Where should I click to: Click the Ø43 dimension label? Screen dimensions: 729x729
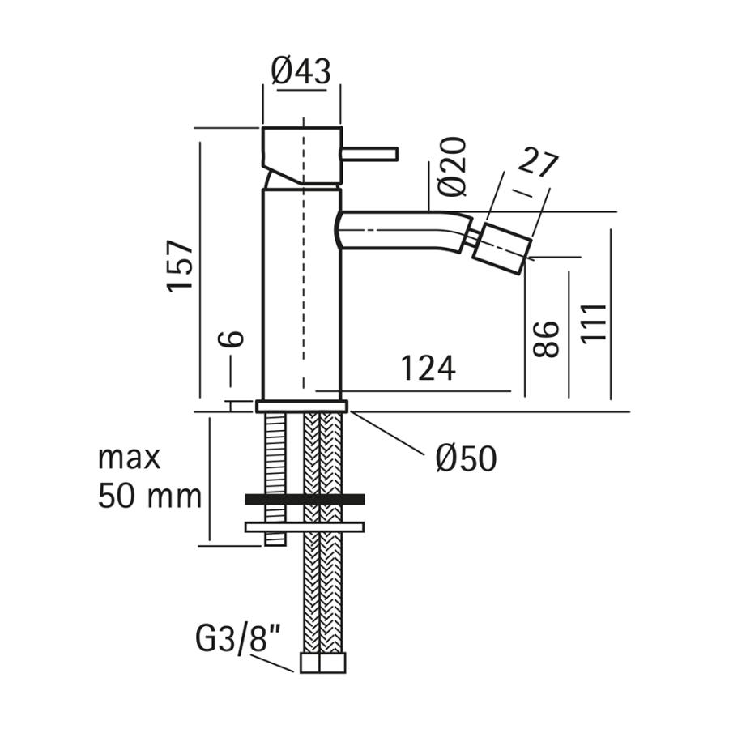pos(301,71)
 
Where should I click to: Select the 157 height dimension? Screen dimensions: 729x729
pos(180,266)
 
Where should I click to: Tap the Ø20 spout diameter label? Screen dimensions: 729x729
pos(451,166)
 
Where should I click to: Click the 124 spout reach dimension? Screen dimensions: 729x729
pos(428,369)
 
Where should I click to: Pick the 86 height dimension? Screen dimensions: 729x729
pos(546,339)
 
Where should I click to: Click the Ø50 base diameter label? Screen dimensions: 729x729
pos(467,458)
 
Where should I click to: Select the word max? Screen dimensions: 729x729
pos(130,458)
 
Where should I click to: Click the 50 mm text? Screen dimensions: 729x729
pos(150,496)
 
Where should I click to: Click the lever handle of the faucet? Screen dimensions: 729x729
pos(369,155)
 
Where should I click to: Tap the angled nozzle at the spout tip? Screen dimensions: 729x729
pos(501,249)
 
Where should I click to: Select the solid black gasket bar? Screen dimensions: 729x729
pos(305,499)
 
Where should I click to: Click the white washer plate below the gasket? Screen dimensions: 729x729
pos(305,527)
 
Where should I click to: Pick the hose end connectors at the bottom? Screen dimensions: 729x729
pos(322,663)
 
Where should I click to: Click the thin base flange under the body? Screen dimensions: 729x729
pos(302,407)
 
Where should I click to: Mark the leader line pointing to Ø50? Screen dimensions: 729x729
pos(387,433)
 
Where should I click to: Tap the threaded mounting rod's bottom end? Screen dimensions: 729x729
pos(275,544)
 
